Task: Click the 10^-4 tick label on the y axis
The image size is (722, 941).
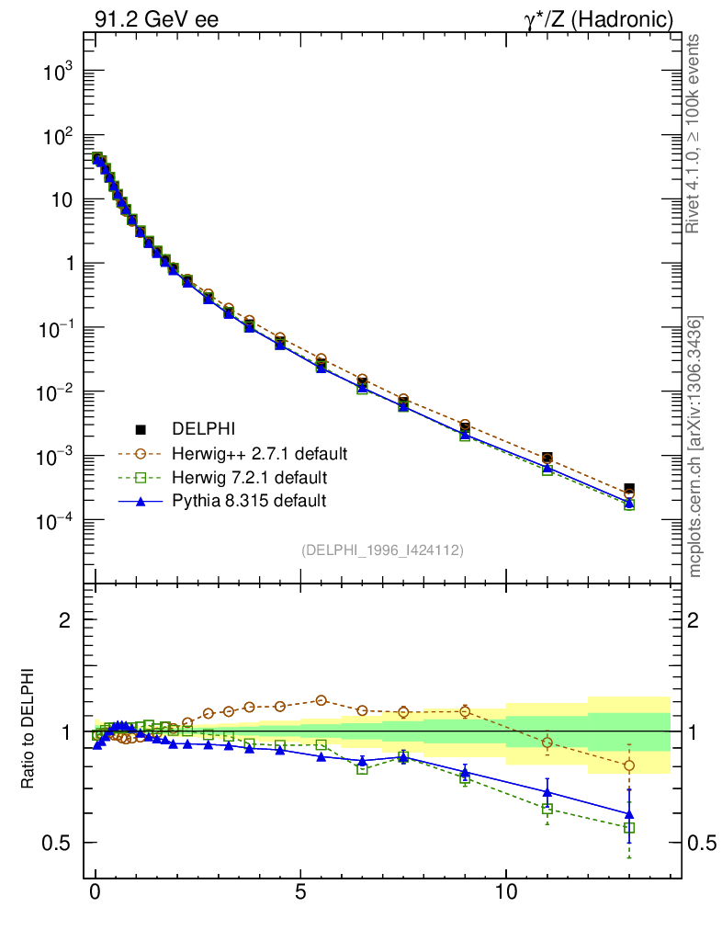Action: coord(54,521)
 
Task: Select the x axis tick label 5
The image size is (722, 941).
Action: coord(300,893)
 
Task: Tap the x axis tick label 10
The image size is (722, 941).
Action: coord(505,893)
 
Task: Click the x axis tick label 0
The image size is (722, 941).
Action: coord(96,893)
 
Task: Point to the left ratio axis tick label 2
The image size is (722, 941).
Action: coord(67,619)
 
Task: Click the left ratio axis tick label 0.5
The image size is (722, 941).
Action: coord(60,844)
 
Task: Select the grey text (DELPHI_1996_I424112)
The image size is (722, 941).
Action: coord(381,550)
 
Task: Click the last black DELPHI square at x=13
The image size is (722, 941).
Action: coord(629,489)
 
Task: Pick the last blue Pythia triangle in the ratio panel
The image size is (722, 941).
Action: coord(629,814)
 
